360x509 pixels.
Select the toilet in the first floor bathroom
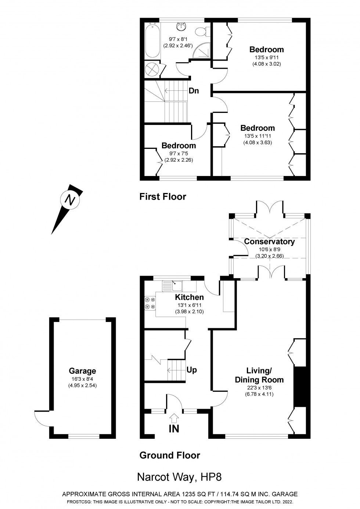(201, 32)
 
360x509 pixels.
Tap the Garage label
(82, 371)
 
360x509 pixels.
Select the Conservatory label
(269, 241)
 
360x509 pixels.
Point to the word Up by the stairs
(192, 370)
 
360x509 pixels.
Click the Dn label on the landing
(194, 90)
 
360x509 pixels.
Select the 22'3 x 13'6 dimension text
(259, 387)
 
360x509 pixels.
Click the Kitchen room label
(189, 297)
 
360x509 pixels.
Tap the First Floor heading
(163, 197)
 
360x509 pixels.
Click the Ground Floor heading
(170, 455)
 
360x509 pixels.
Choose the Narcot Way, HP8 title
(179, 477)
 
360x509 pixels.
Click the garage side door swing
(41, 418)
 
